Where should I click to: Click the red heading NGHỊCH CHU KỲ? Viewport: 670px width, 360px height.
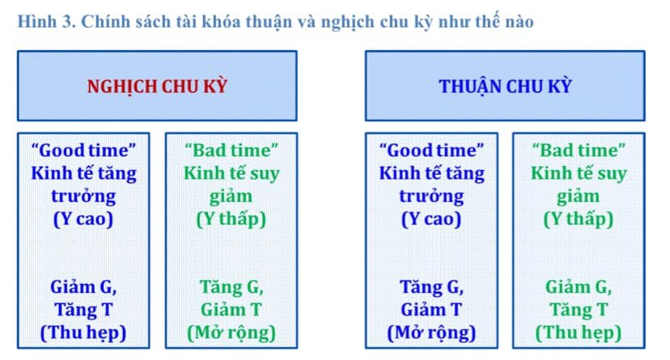[x=157, y=87]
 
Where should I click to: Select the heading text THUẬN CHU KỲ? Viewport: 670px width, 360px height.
[x=505, y=87]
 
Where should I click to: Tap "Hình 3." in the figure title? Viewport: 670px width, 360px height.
[x=47, y=21]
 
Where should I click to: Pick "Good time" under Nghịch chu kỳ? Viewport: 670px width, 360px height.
[x=84, y=150]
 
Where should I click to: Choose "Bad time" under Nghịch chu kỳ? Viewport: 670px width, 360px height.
[x=231, y=150]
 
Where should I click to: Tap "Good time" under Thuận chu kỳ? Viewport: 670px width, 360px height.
[x=431, y=150]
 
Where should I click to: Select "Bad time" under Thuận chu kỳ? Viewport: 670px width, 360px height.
[x=579, y=150]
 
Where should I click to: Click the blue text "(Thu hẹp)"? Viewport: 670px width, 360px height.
[x=83, y=333]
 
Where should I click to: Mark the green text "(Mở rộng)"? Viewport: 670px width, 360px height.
[x=231, y=333]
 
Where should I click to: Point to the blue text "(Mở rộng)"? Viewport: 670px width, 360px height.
[x=431, y=333]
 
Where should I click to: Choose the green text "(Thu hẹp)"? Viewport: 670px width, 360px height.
[x=579, y=333]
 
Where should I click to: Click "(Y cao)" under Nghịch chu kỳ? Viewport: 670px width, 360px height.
[x=83, y=219]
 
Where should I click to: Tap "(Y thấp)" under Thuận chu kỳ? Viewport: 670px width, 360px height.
[x=579, y=219]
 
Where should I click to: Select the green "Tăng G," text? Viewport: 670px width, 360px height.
[x=231, y=287]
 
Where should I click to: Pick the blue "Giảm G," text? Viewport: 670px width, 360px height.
[x=84, y=287]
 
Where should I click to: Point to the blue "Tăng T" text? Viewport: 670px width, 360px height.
[x=84, y=310]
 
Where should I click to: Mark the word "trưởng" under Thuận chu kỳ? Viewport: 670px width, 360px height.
[x=431, y=197]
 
